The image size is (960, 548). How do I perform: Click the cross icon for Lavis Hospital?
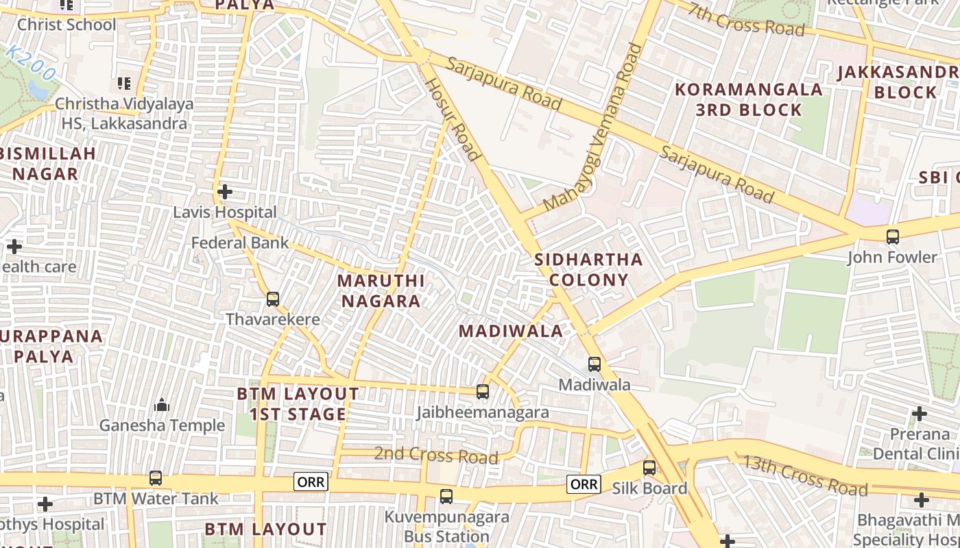(x=224, y=192)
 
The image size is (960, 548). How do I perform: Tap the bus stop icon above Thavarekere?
(x=273, y=299)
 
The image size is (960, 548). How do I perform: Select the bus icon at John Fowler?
(x=892, y=237)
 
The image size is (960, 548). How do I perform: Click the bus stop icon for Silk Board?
(x=649, y=468)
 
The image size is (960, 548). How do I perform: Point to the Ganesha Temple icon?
(x=162, y=405)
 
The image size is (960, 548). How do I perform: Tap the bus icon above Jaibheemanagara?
(x=483, y=392)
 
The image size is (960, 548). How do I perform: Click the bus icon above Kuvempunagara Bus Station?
(x=446, y=497)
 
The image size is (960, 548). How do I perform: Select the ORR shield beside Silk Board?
(x=584, y=484)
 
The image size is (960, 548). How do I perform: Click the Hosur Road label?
(x=452, y=119)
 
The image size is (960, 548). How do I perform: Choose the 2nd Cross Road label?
(x=435, y=455)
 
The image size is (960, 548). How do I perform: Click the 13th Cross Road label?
(x=804, y=475)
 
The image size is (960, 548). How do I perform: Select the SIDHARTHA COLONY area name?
(x=588, y=269)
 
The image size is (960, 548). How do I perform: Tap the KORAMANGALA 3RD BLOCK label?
(x=749, y=99)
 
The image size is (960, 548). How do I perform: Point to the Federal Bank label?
(x=240, y=243)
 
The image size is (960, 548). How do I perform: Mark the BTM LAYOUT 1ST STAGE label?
(x=298, y=404)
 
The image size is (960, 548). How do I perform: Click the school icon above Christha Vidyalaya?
(x=124, y=84)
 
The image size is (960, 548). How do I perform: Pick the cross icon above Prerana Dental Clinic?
(x=919, y=414)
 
